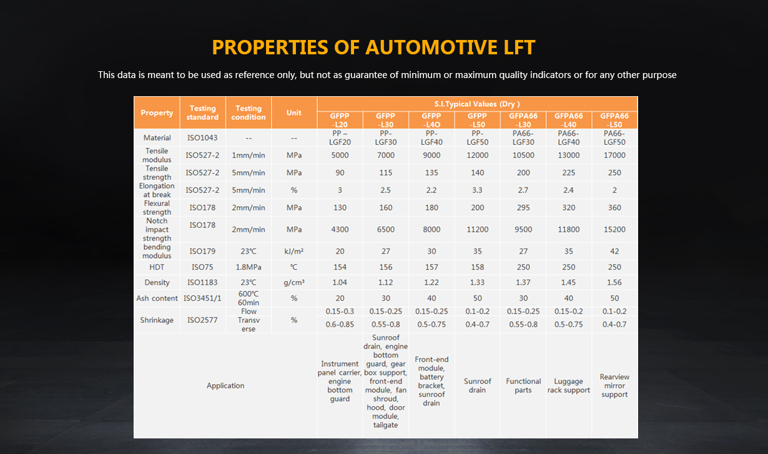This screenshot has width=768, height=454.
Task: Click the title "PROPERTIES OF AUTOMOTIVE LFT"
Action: [x=373, y=47]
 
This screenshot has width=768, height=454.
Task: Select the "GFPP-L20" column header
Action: [x=340, y=121]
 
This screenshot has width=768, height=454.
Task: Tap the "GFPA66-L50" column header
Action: [x=614, y=121]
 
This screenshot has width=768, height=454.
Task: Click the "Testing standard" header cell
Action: [x=202, y=112]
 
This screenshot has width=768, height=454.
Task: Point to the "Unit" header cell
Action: [x=294, y=112]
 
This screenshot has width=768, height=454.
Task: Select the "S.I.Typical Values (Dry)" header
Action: [x=477, y=104]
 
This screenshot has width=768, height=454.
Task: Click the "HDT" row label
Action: [x=157, y=267]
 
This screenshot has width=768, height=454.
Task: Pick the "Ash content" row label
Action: [x=157, y=299]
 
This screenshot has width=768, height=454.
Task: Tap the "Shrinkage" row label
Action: [x=157, y=320]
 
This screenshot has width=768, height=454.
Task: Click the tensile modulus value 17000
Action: [x=614, y=155]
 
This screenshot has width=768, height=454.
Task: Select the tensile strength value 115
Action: [x=386, y=172]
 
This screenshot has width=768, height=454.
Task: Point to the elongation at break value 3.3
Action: [x=477, y=190]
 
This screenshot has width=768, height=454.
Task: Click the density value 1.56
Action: [x=614, y=282]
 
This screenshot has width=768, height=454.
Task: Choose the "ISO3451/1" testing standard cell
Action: [x=202, y=299]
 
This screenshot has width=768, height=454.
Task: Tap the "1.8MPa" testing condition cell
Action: [x=249, y=267]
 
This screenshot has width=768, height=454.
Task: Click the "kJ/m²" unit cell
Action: [x=294, y=251]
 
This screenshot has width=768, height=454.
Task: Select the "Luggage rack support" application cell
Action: [x=568, y=386]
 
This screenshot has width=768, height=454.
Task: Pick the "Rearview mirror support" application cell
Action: [x=614, y=386]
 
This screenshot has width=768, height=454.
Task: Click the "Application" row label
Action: [x=225, y=386]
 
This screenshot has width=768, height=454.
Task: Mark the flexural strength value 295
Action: [x=523, y=207]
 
